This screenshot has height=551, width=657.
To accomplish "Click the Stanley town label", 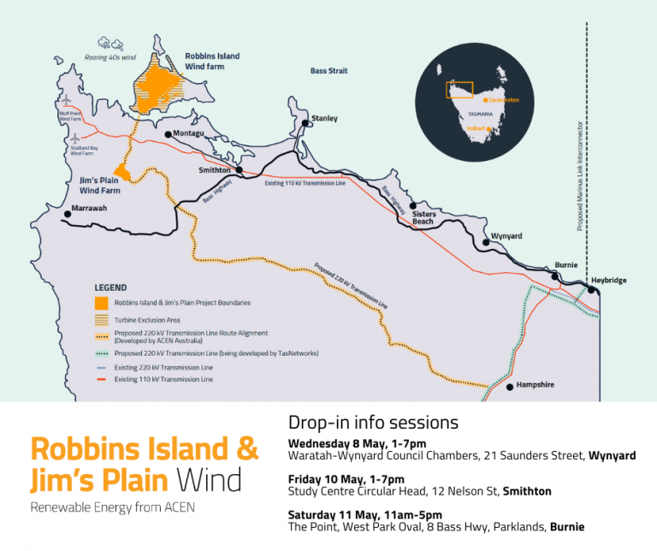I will click(325, 118).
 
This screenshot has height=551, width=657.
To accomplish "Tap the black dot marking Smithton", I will click(240, 170).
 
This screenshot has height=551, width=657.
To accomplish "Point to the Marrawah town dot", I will click(67, 214).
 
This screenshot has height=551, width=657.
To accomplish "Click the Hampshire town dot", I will click(510, 387).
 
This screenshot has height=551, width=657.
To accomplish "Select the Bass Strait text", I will click(328, 71).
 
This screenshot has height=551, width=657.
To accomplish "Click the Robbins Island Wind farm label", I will click(212, 61).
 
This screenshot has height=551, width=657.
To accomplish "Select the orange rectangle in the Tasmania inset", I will click(459, 88).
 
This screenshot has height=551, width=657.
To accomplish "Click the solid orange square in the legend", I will click(101, 303).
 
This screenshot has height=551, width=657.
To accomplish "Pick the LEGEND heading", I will click(110, 287).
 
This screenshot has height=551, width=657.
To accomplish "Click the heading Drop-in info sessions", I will click(373, 423).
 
